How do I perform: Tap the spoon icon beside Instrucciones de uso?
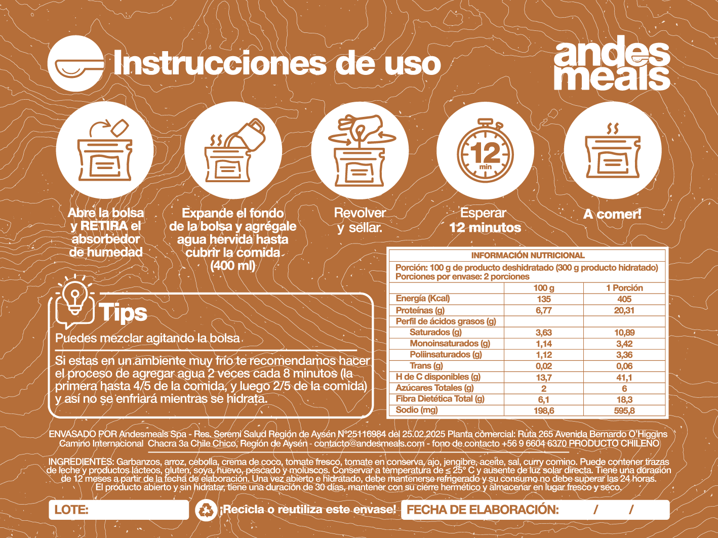(76, 63)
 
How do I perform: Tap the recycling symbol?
(206, 510)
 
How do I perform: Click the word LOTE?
(71, 510)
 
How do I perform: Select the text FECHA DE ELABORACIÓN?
(483, 510)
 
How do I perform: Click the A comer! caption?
(612, 215)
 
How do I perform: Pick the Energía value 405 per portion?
(624, 299)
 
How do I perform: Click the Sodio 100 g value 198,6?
(544, 410)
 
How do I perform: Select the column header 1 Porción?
(624, 287)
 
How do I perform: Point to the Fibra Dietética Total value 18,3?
(624, 399)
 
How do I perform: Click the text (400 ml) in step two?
(232, 265)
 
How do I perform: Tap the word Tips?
(123, 312)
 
